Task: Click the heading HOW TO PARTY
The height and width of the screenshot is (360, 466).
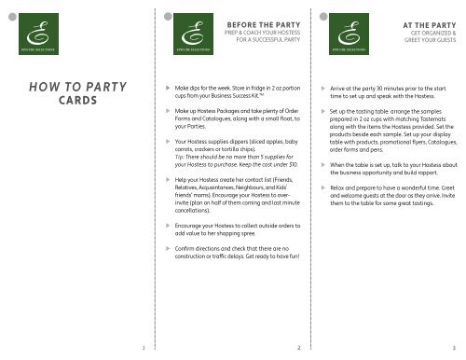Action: coord(77,90)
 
